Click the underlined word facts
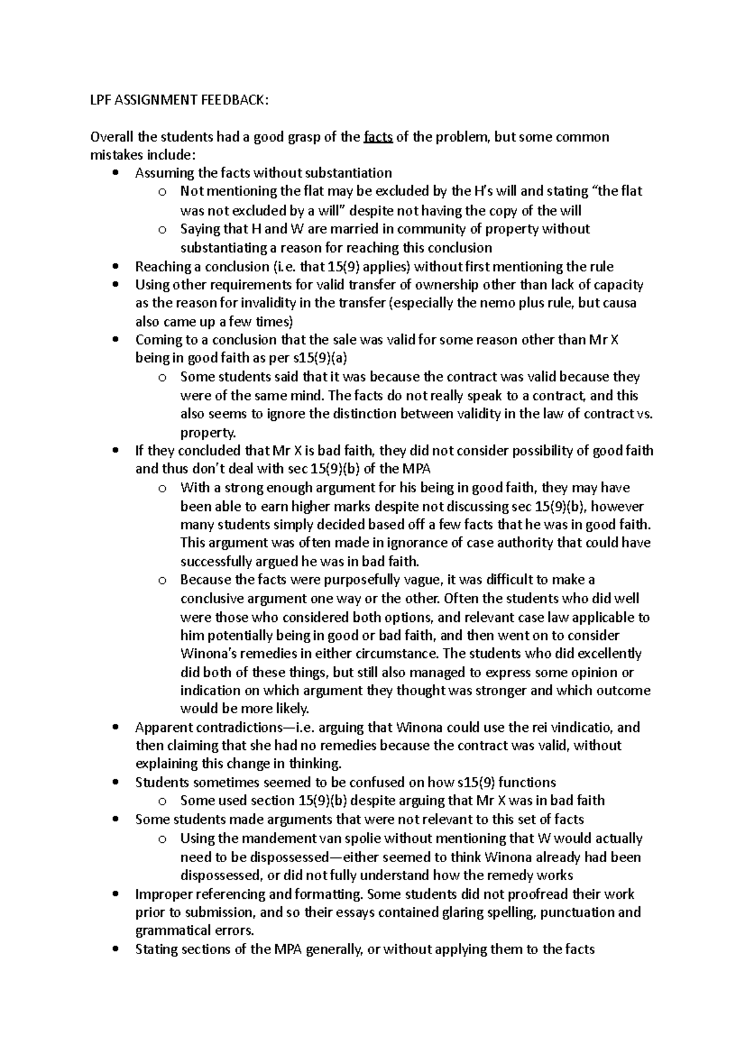click(x=378, y=137)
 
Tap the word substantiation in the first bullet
click(x=347, y=173)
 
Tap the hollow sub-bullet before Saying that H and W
click(x=162, y=230)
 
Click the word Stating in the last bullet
click(x=155, y=950)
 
